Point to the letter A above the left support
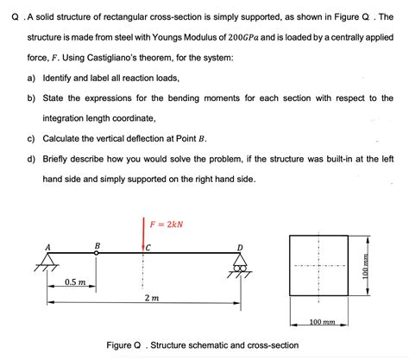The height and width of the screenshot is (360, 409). coord(48,248)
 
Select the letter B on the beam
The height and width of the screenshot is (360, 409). coord(98,245)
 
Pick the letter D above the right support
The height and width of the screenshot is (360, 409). coord(240,249)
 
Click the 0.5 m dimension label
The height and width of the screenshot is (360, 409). coord(74,282)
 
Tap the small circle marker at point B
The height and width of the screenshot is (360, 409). coord(96,255)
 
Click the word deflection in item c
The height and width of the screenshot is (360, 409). coord(148,138)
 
